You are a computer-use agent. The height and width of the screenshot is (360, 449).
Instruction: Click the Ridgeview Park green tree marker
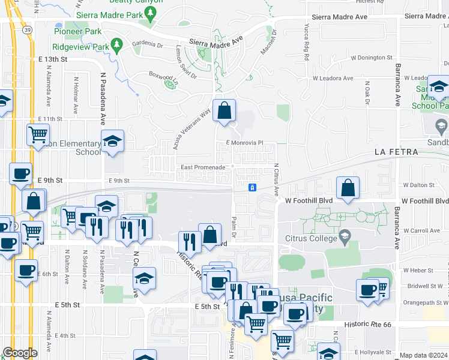pos(118,44)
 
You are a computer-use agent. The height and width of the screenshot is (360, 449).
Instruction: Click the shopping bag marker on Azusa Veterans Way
pos(224,111)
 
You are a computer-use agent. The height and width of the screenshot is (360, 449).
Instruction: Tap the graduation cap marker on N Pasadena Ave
pos(112,142)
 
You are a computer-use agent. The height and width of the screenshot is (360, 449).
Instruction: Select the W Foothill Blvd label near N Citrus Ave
pos(308,201)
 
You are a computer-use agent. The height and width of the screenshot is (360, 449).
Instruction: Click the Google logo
pos(20,353)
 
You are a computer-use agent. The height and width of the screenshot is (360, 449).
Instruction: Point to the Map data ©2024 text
pos(423,355)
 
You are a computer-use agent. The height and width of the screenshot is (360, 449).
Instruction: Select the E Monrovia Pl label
pos(245,143)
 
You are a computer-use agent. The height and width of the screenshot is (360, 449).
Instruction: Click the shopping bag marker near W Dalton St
pos(348,188)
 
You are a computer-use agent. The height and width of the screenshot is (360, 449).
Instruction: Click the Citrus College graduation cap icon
pos(344,235)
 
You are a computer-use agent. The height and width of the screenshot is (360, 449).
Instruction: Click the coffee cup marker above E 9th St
pos(20,175)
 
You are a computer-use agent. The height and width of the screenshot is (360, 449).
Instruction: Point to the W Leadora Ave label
pos(333,79)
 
